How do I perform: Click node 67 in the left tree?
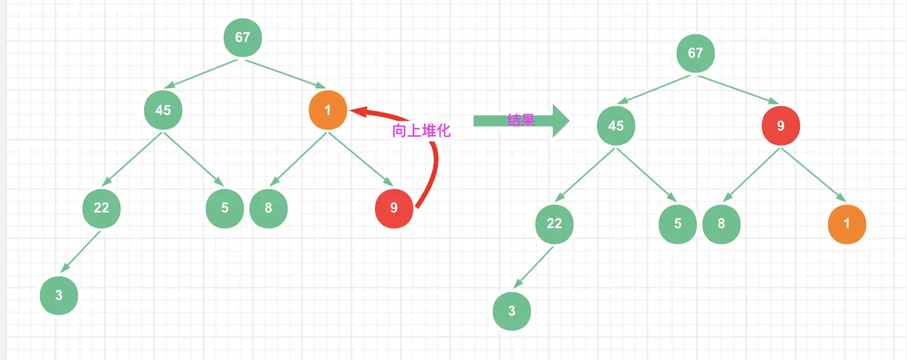click(x=243, y=38)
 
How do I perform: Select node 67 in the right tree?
click(x=695, y=53)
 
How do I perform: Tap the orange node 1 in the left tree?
click(x=327, y=110)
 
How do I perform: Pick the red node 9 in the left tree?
click(x=394, y=208)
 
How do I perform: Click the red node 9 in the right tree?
click(x=780, y=126)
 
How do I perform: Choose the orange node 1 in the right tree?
click(x=846, y=224)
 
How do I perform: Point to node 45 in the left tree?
click(x=163, y=110)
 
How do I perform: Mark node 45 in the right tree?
click(x=616, y=126)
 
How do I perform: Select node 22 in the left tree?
click(x=101, y=208)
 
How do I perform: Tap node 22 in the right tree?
click(x=554, y=224)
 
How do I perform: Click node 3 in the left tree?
click(x=59, y=296)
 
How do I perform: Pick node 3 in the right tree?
click(x=512, y=311)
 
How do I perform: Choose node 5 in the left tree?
click(x=225, y=208)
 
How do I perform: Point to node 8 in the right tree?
click(x=721, y=224)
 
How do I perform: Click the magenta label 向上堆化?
click(x=421, y=131)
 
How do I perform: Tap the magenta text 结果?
click(x=521, y=120)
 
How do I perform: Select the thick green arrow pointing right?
click(x=521, y=121)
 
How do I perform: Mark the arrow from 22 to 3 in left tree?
click(x=80, y=251)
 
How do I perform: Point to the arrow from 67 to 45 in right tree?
click(x=653, y=90)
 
